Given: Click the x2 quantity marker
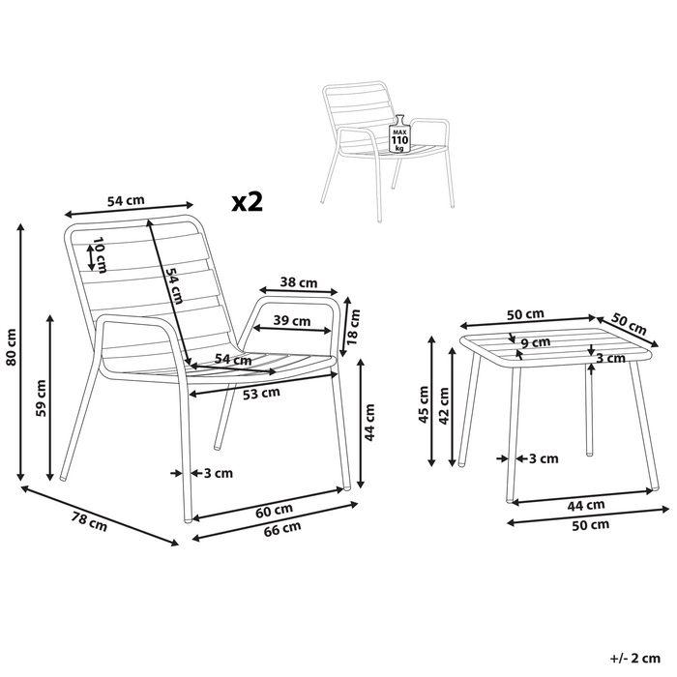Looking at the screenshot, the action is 248,201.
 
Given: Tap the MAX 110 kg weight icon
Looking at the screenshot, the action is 399,134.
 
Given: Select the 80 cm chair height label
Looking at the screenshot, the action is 12,347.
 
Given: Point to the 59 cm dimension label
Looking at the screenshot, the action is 41,398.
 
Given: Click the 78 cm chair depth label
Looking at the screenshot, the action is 89,521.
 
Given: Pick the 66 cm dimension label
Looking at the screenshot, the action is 282,529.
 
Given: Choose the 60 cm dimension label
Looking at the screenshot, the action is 275,511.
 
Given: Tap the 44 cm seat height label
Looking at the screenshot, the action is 370,423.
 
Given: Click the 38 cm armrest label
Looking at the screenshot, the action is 299,282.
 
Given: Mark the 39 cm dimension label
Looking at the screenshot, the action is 292,321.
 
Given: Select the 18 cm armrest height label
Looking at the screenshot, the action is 354,327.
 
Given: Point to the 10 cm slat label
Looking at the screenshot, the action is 100,254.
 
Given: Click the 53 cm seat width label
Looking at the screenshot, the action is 261,394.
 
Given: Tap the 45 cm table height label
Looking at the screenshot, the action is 424,404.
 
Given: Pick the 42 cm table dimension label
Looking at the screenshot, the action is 443,406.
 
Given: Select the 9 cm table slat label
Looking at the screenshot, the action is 536,342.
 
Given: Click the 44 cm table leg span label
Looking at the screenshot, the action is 586,504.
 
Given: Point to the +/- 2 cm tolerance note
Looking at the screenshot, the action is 635,659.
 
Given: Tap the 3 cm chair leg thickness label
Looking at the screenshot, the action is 219,473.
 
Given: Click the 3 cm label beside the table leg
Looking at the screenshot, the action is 544,458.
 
